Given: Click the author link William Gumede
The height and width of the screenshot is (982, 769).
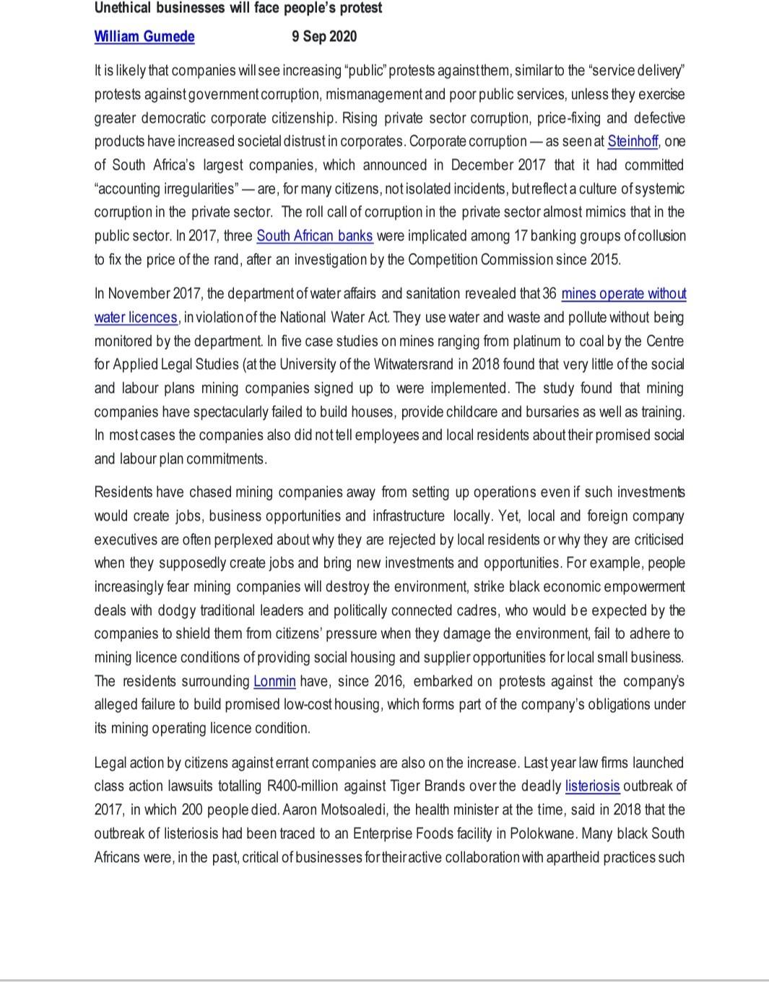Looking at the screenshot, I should pos(144,36).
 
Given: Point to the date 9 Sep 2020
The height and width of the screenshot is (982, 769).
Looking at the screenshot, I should pos(324,36).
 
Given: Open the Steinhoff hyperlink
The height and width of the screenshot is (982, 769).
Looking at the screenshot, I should pos(633,141).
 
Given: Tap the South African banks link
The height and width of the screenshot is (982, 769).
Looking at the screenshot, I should pos(315,236).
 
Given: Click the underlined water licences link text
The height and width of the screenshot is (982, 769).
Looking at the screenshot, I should pos(136,318).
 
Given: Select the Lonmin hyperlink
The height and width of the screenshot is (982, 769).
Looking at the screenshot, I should pos(274,681).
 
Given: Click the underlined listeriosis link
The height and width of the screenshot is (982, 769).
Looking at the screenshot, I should pos(592,786).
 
